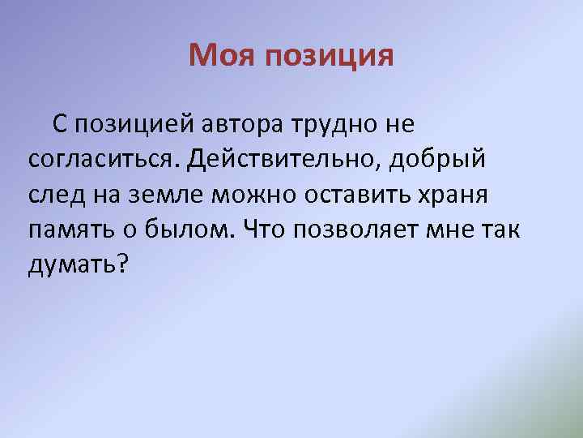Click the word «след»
54,195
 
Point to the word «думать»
72,264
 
